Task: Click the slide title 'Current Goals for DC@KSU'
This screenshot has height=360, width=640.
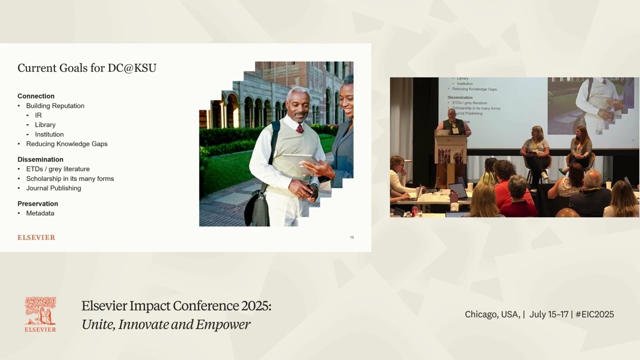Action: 87,68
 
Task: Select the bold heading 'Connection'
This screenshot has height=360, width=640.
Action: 36,96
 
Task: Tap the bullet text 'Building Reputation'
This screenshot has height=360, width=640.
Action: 55,105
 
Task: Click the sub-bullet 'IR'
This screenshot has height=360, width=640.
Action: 38,115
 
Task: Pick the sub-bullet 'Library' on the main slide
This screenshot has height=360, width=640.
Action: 45,124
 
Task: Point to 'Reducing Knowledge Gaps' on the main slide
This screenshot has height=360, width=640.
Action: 66,143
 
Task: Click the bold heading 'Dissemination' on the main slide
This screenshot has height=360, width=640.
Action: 40,159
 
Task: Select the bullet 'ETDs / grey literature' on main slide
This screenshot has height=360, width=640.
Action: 58,169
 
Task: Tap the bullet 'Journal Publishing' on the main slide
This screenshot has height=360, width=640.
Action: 53,188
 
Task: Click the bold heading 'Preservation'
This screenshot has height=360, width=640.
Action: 38,203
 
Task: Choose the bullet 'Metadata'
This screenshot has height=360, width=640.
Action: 40,213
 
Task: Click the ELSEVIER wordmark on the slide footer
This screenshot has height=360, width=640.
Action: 36,237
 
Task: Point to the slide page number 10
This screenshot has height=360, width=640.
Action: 351,237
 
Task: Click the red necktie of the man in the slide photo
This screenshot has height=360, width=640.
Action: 300,128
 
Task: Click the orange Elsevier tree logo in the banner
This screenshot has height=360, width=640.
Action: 40,311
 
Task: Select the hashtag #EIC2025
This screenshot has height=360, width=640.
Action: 594,314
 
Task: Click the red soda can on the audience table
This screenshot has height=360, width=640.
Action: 414,211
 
